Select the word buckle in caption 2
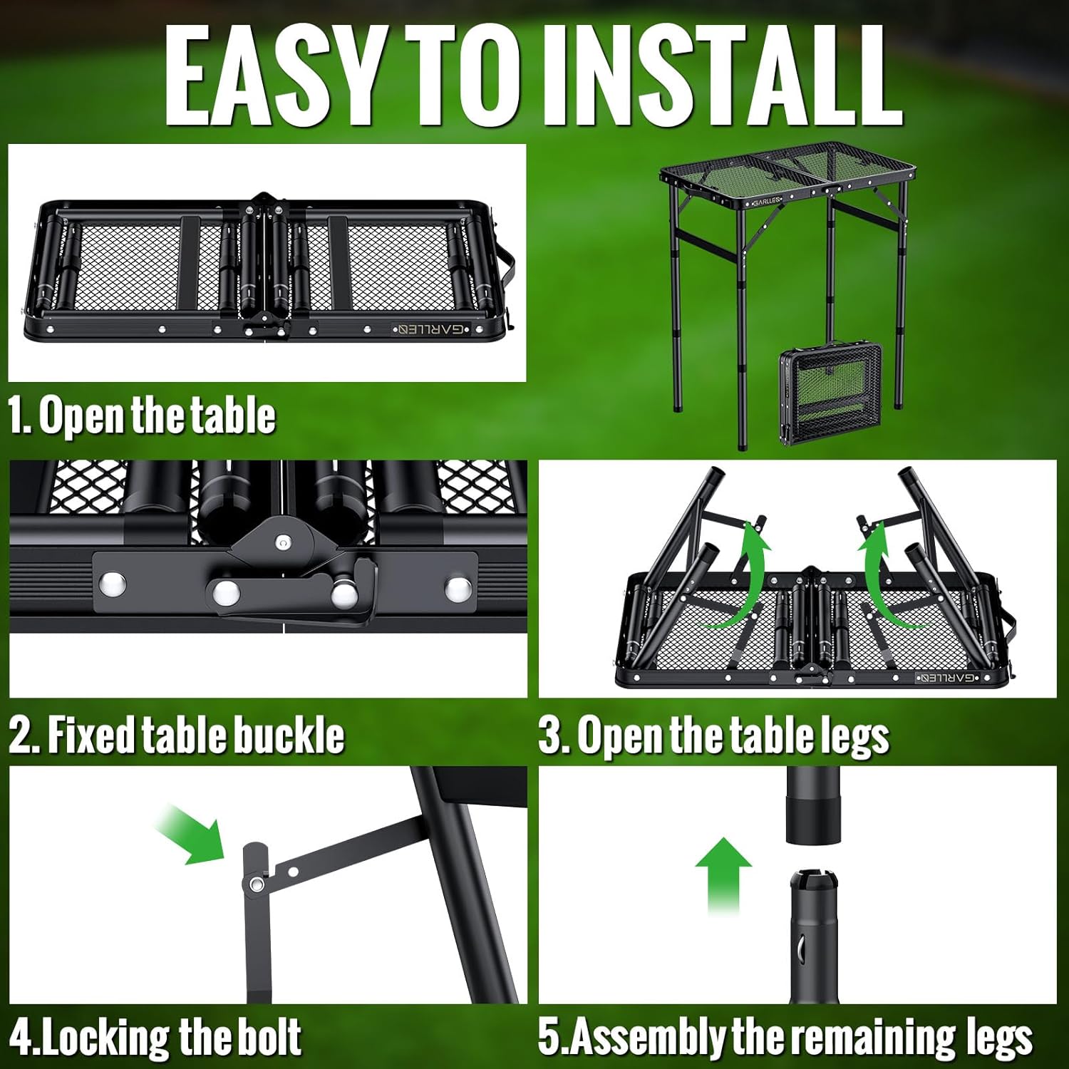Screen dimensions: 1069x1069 tap(289, 735)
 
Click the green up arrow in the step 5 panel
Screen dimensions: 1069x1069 tap(723, 873)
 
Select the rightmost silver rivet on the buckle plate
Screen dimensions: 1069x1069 tap(457, 589)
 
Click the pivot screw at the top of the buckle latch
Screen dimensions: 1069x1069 tap(283, 544)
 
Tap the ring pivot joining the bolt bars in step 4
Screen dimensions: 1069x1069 tap(255, 884)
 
